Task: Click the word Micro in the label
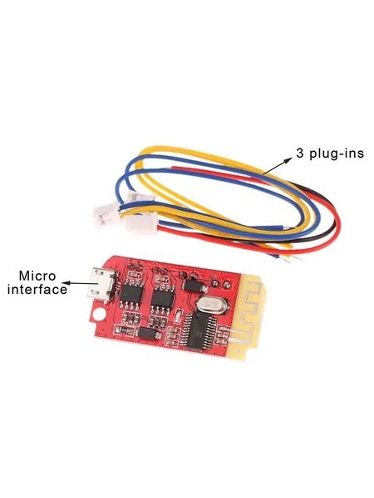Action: point(37,276)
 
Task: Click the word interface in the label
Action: point(37,290)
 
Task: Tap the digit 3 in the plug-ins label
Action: point(299,154)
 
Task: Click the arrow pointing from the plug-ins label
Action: point(277,167)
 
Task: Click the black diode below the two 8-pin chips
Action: point(148,334)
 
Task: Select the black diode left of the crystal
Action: point(194,285)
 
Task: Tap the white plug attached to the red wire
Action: point(141,225)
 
